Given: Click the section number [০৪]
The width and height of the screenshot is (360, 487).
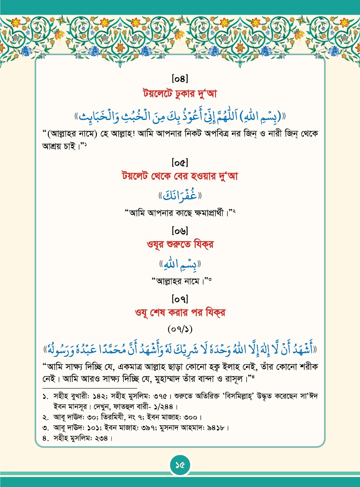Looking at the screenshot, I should click(180, 78).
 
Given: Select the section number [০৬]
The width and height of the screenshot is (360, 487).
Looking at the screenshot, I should click(180, 231).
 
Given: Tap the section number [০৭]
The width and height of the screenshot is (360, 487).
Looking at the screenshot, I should click(180, 299).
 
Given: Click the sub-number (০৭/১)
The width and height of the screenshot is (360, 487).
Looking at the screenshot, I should click(180, 329).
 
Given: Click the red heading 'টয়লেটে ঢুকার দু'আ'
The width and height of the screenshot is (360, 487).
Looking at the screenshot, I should click(180, 94).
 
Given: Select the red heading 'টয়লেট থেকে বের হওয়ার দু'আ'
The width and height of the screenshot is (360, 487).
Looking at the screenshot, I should click(180, 177).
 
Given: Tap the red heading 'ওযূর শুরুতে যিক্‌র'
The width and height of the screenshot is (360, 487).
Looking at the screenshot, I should click(180, 244).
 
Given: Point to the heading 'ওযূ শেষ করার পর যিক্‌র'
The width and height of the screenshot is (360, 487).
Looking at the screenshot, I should click(180, 312).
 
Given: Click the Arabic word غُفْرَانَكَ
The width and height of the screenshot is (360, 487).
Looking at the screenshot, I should click(180, 196).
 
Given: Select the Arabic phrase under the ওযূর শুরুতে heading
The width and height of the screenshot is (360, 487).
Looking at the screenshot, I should click(180, 265).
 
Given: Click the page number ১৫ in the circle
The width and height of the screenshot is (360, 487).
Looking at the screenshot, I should click(180, 465).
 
